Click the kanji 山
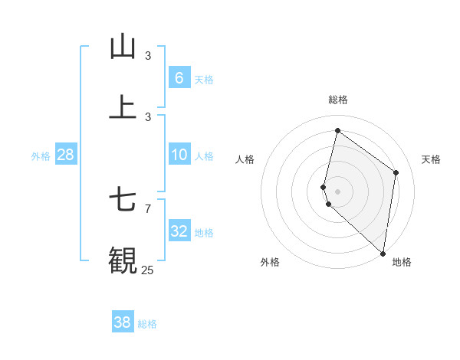click(123, 47)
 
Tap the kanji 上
click(123, 107)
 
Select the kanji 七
click(123, 201)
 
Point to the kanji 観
click(123, 260)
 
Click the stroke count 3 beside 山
click(148, 56)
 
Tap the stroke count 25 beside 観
click(147, 270)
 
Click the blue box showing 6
click(179, 77)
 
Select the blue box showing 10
click(179, 155)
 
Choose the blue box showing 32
click(179, 231)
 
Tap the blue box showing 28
click(66, 155)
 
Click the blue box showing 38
click(123, 322)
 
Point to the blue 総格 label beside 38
click(147, 324)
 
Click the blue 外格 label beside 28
click(41, 156)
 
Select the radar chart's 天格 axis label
click(431, 159)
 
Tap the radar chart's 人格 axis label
click(245, 159)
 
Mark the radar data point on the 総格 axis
click(337, 130)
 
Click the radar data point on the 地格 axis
click(383, 253)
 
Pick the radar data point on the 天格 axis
click(396, 172)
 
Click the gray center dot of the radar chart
click(337, 191)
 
